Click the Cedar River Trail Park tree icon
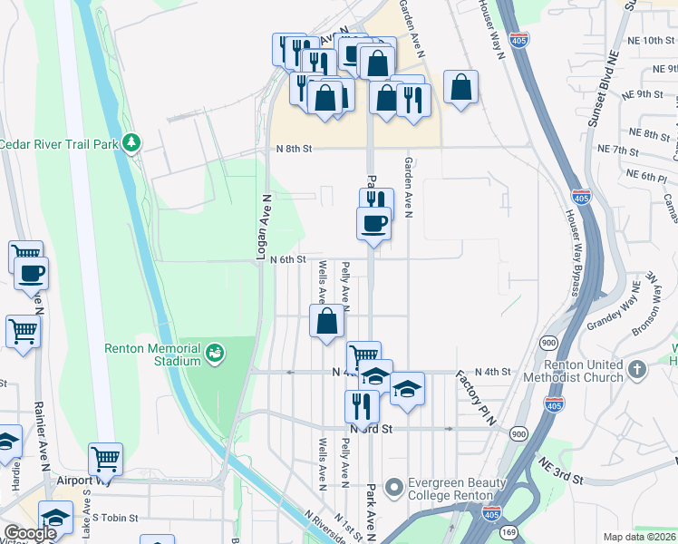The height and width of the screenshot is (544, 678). click(x=132, y=142)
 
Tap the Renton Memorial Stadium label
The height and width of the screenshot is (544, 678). click(x=152, y=355)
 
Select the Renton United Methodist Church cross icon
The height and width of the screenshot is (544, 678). click(x=637, y=369)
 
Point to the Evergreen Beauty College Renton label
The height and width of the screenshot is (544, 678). click(x=456, y=489)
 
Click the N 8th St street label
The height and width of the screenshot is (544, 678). click(x=295, y=149)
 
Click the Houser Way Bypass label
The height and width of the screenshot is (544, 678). click(x=572, y=253)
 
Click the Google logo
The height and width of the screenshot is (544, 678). click(x=30, y=532)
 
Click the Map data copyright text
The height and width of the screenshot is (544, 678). click(x=639, y=537)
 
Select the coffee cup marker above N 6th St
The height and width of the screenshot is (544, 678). click(x=373, y=224)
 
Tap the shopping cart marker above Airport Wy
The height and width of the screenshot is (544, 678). click(x=106, y=460)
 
